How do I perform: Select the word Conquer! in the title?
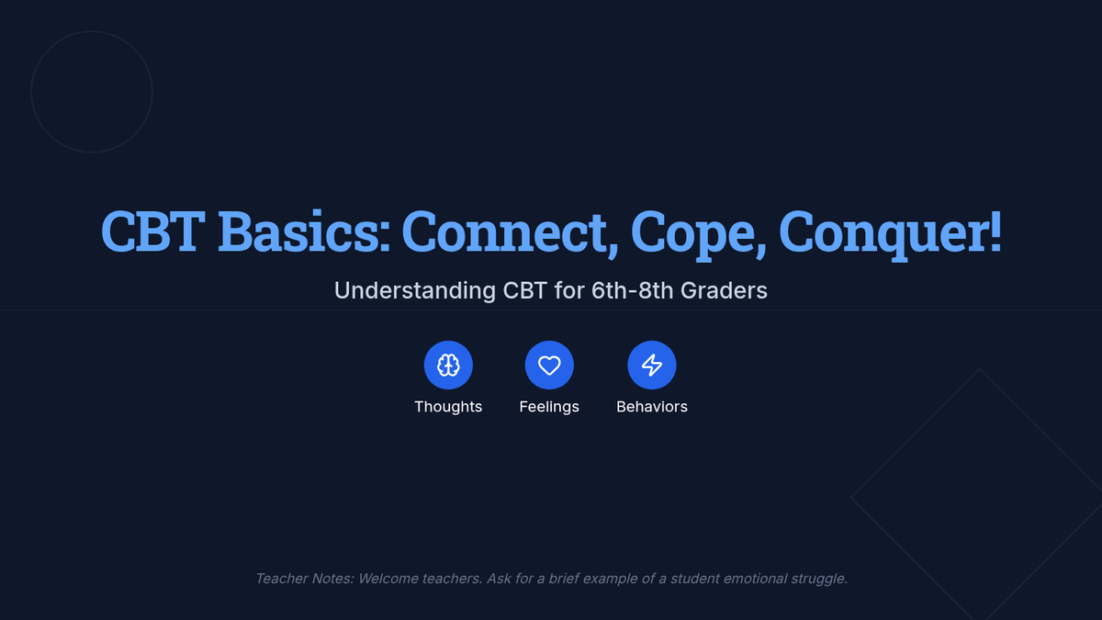(890, 233)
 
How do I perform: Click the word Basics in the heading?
(304, 231)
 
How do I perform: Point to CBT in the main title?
(153, 231)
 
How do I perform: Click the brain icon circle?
(448, 366)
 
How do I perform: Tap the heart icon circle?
(549, 366)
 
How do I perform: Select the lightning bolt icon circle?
(652, 366)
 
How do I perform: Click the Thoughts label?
(448, 407)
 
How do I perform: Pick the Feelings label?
(549, 407)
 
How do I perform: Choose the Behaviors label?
(652, 407)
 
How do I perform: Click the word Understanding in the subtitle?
(415, 290)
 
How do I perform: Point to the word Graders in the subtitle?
(724, 290)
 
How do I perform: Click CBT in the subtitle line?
(524, 290)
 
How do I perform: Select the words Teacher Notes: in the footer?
(305, 579)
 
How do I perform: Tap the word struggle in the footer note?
(818, 580)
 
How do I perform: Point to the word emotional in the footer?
(755, 579)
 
